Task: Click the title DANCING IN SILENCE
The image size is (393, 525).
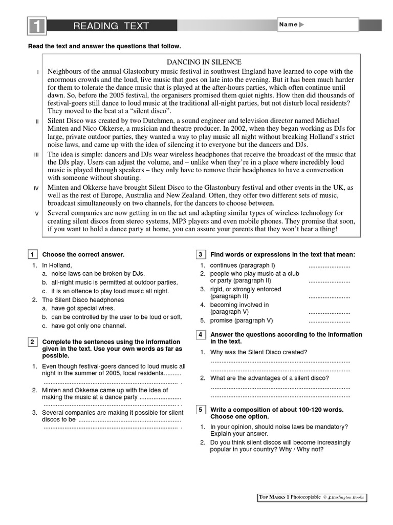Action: [x=204, y=62]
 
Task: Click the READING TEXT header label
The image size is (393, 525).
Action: [x=111, y=26]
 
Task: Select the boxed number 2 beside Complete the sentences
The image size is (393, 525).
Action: [x=32, y=342]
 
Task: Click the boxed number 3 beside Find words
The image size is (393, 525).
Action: [x=201, y=255]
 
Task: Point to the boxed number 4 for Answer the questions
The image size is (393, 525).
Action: [x=201, y=335]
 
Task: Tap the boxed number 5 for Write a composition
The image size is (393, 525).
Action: [x=201, y=410]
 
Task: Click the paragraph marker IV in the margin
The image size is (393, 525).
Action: [x=36, y=189]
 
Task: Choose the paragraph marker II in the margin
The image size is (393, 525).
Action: [x=37, y=122]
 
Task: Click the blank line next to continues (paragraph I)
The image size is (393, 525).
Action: [x=329, y=266]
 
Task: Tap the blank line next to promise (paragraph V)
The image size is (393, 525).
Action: [x=329, y=320]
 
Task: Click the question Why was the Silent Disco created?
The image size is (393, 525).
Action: [x=258, y=352]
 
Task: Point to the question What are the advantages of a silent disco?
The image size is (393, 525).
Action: [x=269, y=378]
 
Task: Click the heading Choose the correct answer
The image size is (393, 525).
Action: [x=83, y=255]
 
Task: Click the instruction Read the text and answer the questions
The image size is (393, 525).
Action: [x=104, y=46]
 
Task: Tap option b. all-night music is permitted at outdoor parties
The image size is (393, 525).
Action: [x=110, y=282]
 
